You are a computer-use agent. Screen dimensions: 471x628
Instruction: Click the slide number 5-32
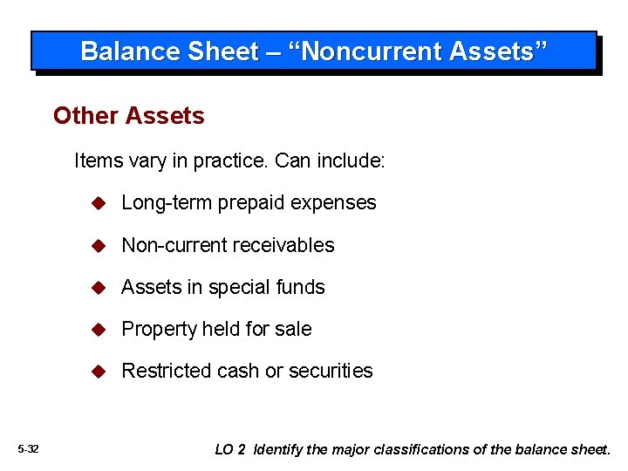coord(28,449)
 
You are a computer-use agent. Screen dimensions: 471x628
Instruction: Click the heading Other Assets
coord(128,116)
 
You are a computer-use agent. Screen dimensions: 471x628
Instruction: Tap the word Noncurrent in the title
coord(373,51)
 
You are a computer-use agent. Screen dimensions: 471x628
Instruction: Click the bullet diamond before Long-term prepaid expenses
coord(99,203)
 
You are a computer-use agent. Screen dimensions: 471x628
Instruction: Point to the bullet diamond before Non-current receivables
coord(99,245)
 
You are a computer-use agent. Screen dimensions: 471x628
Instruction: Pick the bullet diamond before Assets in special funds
coord(99,287)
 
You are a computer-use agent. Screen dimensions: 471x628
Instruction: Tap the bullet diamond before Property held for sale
coord(99,329)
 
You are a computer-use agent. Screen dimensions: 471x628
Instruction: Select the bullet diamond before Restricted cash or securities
coord(99,371)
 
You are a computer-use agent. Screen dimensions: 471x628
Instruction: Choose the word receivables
coord(286,245)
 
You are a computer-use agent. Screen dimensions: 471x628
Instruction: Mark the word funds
coord(301,287)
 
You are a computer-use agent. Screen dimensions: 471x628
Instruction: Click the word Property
coord(159,329)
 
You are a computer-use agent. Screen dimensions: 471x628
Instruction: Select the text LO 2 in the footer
coord(229,450)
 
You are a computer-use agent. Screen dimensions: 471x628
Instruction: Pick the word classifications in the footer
coord(421,450)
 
